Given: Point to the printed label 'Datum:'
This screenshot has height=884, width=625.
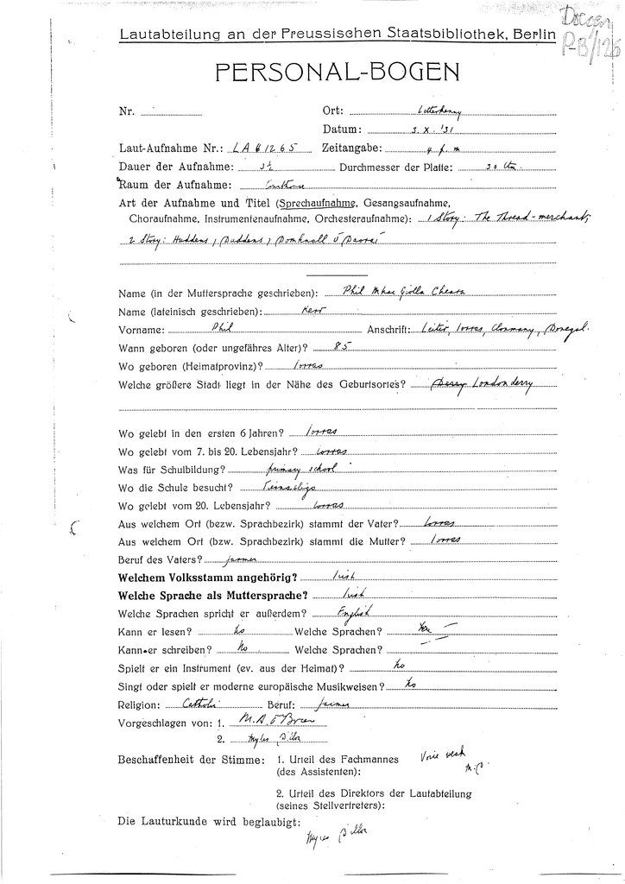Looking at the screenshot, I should click(x=340, y=129).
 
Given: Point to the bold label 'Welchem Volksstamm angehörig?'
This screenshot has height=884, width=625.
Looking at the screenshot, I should click(x=208, y=576).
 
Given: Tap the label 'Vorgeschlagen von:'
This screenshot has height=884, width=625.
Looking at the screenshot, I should click(x=165, y=723).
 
